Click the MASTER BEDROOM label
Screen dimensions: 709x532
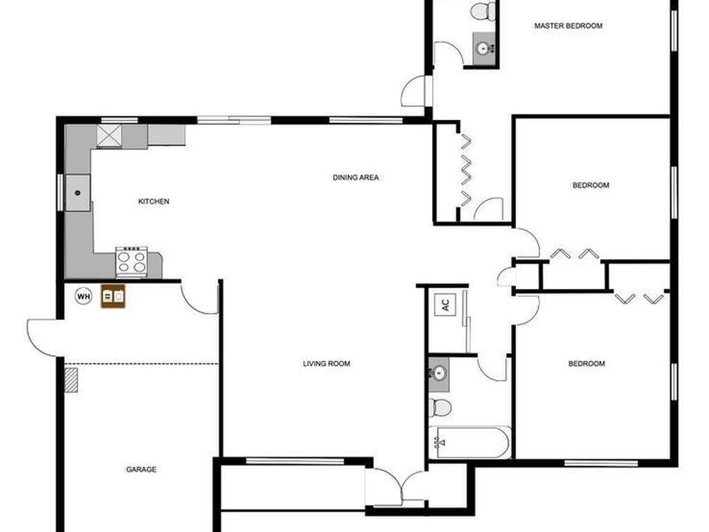pyautogui.click(x=568, y=26)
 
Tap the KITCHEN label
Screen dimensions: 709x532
pyautogui.click(x=154, y=202)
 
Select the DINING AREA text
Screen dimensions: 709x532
pyautogui.click(x=356, y=177)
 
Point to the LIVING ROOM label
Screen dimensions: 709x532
pyautogui.click(x=327, y=363)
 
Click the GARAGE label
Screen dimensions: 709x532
pyautogui.click(x=141, y=470)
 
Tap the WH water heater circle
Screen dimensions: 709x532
pyautogui.click(x=83, y=296)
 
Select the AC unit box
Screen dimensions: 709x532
pyautogui.click(x=445, y=305)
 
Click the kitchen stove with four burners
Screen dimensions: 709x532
pyautogui.click(x=132, y=261)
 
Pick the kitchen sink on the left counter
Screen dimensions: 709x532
pyautogui.click(x=78, y=193)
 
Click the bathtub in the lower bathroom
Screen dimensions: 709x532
pyautogui.click(x=470, y=442)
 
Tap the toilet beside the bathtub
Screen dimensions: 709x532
pyautogui.click(x=440, y=407)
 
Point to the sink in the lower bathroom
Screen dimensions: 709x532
pyautogui.click(x=439, y=373)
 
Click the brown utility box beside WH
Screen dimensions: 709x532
pyautogui.click(x=113, y=296)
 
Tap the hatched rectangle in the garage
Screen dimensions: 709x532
pyautogui.click(x=71, y=380)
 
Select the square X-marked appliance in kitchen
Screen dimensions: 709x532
pyautogui.click(x=109, y=136)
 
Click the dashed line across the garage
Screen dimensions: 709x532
pyautogui.click(x=141, y=364)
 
